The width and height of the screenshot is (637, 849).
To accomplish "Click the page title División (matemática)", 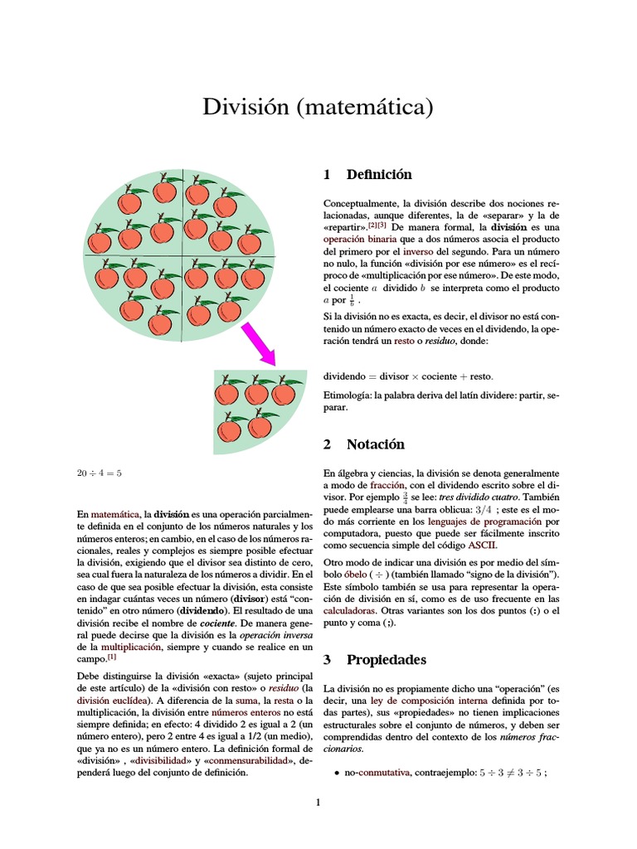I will tap(318, 107).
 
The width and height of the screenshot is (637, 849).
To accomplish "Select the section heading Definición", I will tap(378, 175).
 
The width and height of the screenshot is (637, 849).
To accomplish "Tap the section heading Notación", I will tap(375, 444).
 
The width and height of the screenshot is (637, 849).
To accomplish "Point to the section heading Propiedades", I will tap(386, 660).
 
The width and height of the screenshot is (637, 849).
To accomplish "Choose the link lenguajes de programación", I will tap(484, 522).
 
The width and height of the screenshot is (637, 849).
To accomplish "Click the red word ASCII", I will tap(482, 546).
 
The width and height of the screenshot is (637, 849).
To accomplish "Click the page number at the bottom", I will tap(318, 802).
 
